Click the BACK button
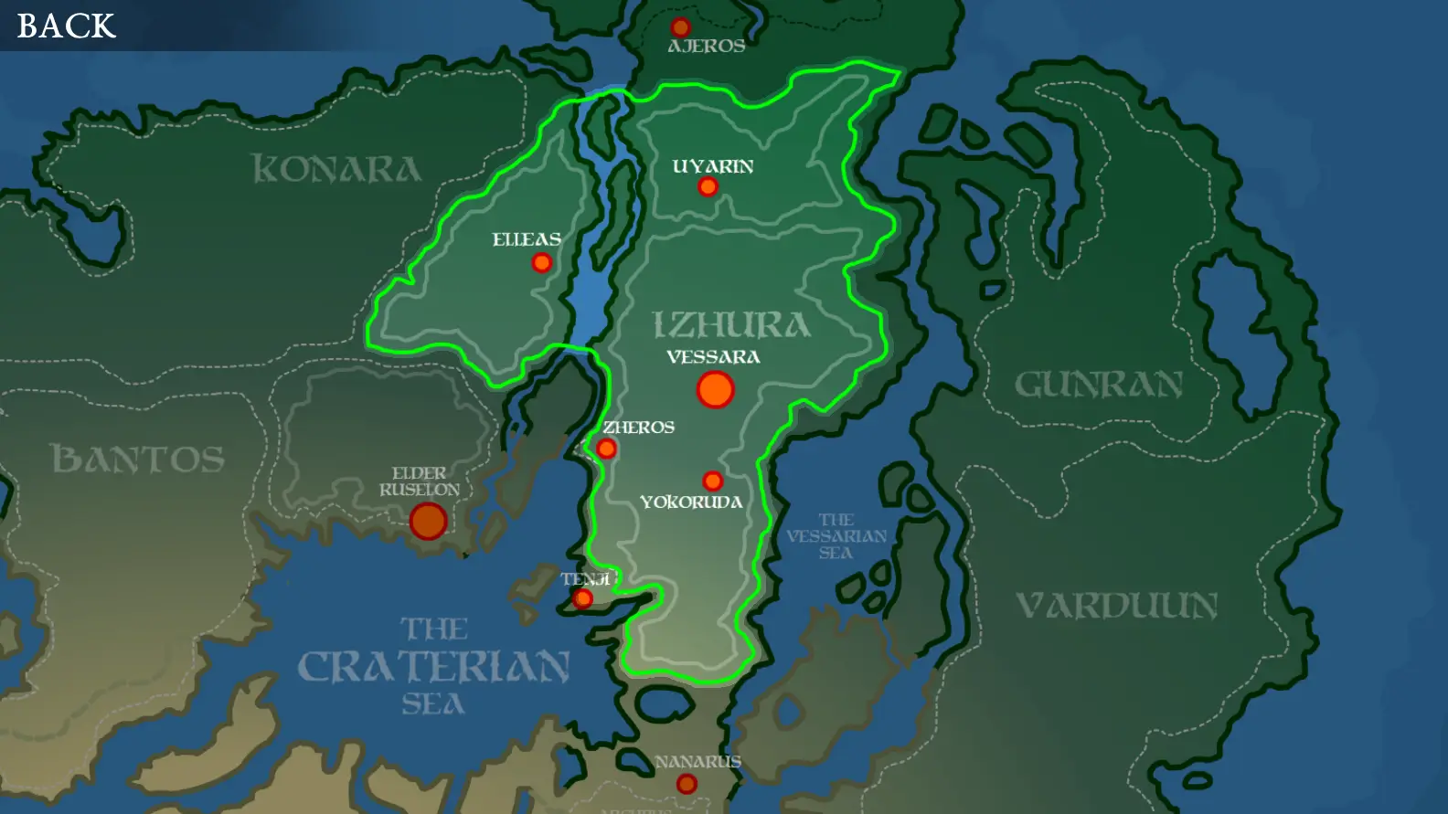click(66, 26)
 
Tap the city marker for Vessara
click(715, 389)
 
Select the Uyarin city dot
click(708, 187)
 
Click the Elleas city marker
click(542, 263)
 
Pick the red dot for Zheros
click(606, 449)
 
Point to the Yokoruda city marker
click(713, 481)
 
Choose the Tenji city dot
click(582, 599)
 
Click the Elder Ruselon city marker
click(428, 521)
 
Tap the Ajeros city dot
click(680, 27)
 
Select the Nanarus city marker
click(687, 783)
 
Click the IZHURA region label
click(730, 325)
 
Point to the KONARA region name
click(336, 169)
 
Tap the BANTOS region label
click(138, 459)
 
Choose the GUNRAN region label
click(1099, 385)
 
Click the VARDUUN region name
click(1117, 605)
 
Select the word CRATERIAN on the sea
click(434, 667)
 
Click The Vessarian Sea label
click(836, 536)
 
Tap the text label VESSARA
click(713, 357)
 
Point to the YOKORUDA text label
click(691, 502)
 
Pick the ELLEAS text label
click(527, 239)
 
